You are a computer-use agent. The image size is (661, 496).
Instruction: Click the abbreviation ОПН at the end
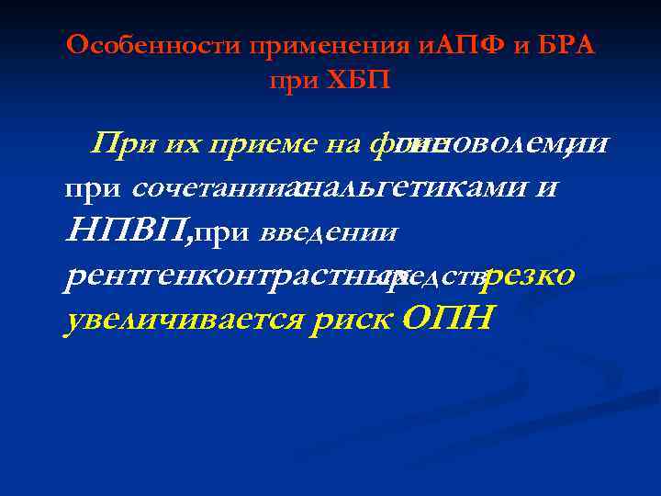tap(447, 318)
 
